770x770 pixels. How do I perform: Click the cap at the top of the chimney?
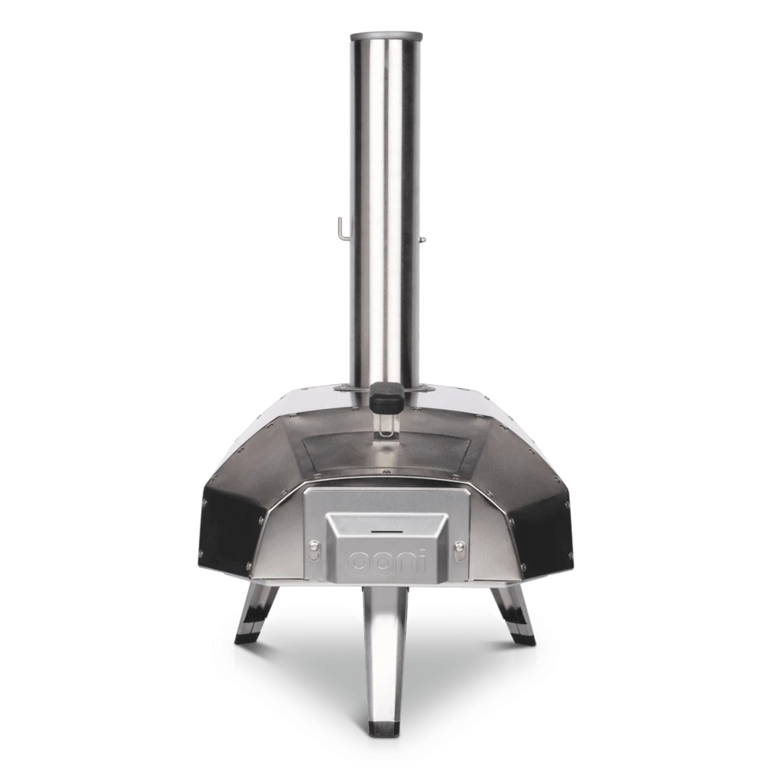coord(386,36)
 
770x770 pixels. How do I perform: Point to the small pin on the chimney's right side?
coord(422,239)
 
